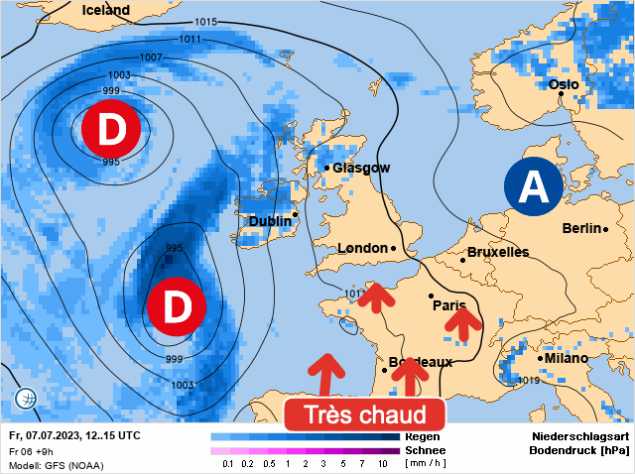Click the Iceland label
pyautogui.click(x=106, y=10)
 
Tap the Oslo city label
pyautogui.click(x=564, y=84)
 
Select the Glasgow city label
pyautogui.click(x=361, y=168)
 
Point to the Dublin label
pyautogui.click(x=270, y=221)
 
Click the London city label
pyautogui.click(x=362, y=248)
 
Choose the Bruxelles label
pyautogui.click(x=497, y=252)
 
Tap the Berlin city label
pyautogui.click(x=581, y=228)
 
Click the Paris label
pyautogui.click(x=449, y=305)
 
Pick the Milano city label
pyautogui.click(x=566, y=358)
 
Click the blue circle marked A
pyautogui.click(x=533, y=185)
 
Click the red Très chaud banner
pyautogui.click(x=363, y=415)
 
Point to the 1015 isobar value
pyautogui.click(x=206, y=22)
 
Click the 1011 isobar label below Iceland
pyautogui.click(x=190, y=40)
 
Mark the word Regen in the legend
pyautogui.click(x=423, y=436)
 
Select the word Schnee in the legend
pyautogui.click(x=426, y=449)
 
